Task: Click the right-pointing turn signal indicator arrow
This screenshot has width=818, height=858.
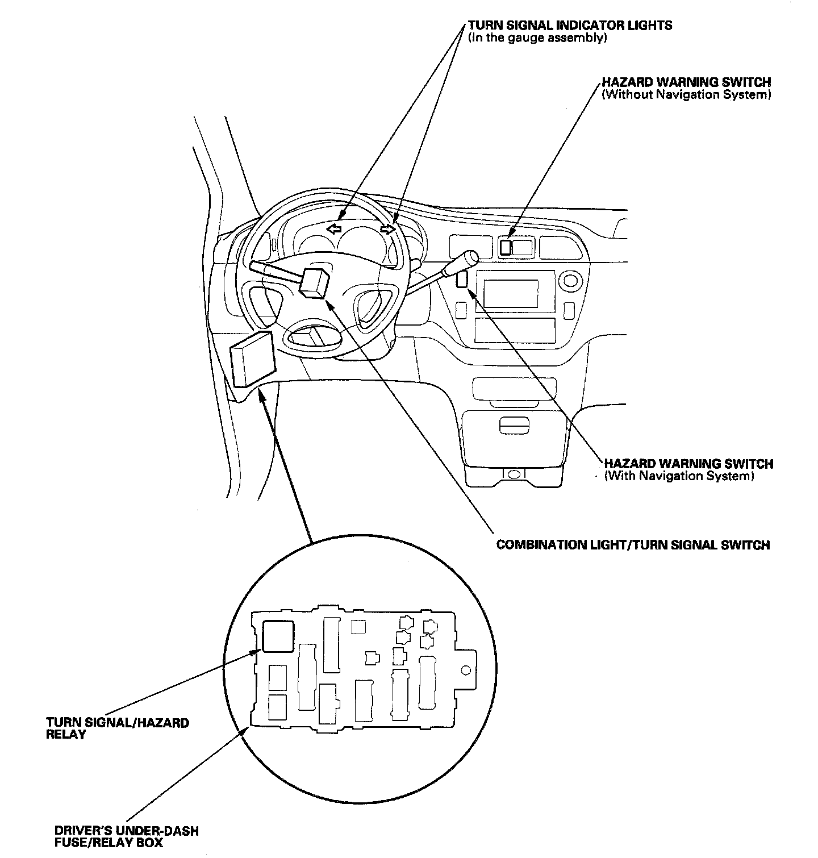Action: (388, 230)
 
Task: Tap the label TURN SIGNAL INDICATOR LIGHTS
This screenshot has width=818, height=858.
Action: (570, 26)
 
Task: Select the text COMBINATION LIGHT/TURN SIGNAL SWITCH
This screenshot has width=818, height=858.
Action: (633, 545)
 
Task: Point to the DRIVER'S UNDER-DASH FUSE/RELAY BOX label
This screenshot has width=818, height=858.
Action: (127, 831)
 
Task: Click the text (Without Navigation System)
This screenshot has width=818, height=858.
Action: (686, 95)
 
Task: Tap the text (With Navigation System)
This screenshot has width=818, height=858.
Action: (679, 476)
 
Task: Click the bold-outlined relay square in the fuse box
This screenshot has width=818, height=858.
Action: (278, 636)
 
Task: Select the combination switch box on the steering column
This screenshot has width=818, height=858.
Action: (315, 282)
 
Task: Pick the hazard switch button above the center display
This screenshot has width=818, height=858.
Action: (505, 247)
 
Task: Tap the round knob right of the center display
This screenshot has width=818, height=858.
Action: (570, 280)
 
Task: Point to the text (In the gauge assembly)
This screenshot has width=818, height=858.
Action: (538, 39)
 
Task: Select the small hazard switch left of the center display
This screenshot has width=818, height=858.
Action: (462, 279)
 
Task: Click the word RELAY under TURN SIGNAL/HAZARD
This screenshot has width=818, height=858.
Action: (66, 734)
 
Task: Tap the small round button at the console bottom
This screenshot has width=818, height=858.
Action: (514, 474)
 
